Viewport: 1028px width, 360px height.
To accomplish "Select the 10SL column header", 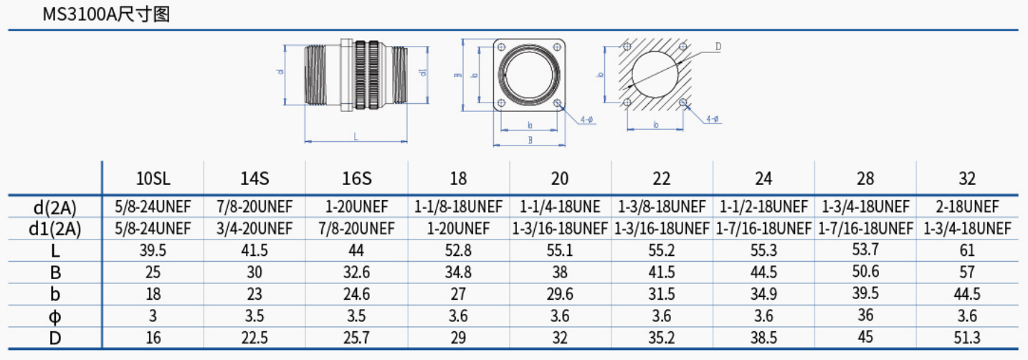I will coord(153,179).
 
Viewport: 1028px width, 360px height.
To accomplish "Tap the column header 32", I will coord(967,179).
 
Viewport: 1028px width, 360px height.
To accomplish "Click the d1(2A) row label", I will coord(55,229).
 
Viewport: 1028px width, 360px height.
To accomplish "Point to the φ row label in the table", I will coord(55,316).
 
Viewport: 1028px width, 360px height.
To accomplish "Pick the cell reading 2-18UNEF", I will coord(967,207).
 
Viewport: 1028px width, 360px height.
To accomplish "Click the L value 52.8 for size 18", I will coord(459,250).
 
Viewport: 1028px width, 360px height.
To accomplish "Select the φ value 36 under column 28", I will coord(865,315).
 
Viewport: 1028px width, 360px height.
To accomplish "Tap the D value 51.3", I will coord(967,338).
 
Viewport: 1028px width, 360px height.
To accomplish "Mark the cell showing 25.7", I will coord(357,338).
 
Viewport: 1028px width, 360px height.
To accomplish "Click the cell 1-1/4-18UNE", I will coord(560,207).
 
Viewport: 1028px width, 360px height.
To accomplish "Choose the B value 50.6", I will coord(865,272).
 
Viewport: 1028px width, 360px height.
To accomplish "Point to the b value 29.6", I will coord(560,294).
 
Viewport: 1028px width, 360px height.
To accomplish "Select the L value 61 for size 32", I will coord(967,250).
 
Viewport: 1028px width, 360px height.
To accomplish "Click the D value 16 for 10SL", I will coord(153,338).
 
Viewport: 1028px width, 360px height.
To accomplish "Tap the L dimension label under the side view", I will coord(356,135).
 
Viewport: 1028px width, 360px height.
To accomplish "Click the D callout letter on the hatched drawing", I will coord(718,47).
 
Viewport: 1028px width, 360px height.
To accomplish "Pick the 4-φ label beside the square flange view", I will coord(586,119).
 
